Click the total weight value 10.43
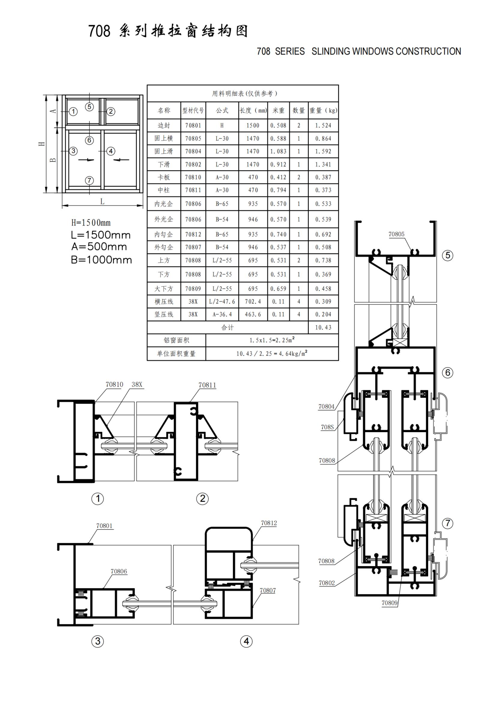tap(323, 327)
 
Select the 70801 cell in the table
tap(193, 125)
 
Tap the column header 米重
tap(278, 111)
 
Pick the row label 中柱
tap(164, 190)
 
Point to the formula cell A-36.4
tap(222, 314)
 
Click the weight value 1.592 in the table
tap(323, 151)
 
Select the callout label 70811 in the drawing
tap(207, 385)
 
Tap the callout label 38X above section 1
tap(137, 385)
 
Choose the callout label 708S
tap(327, 427)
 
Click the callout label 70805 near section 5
tap(396, 234)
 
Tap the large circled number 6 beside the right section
tap(448, 373)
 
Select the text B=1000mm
tap(101, 260)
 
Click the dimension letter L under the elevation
tap(102, 201)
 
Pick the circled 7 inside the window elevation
tap(89, 180)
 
